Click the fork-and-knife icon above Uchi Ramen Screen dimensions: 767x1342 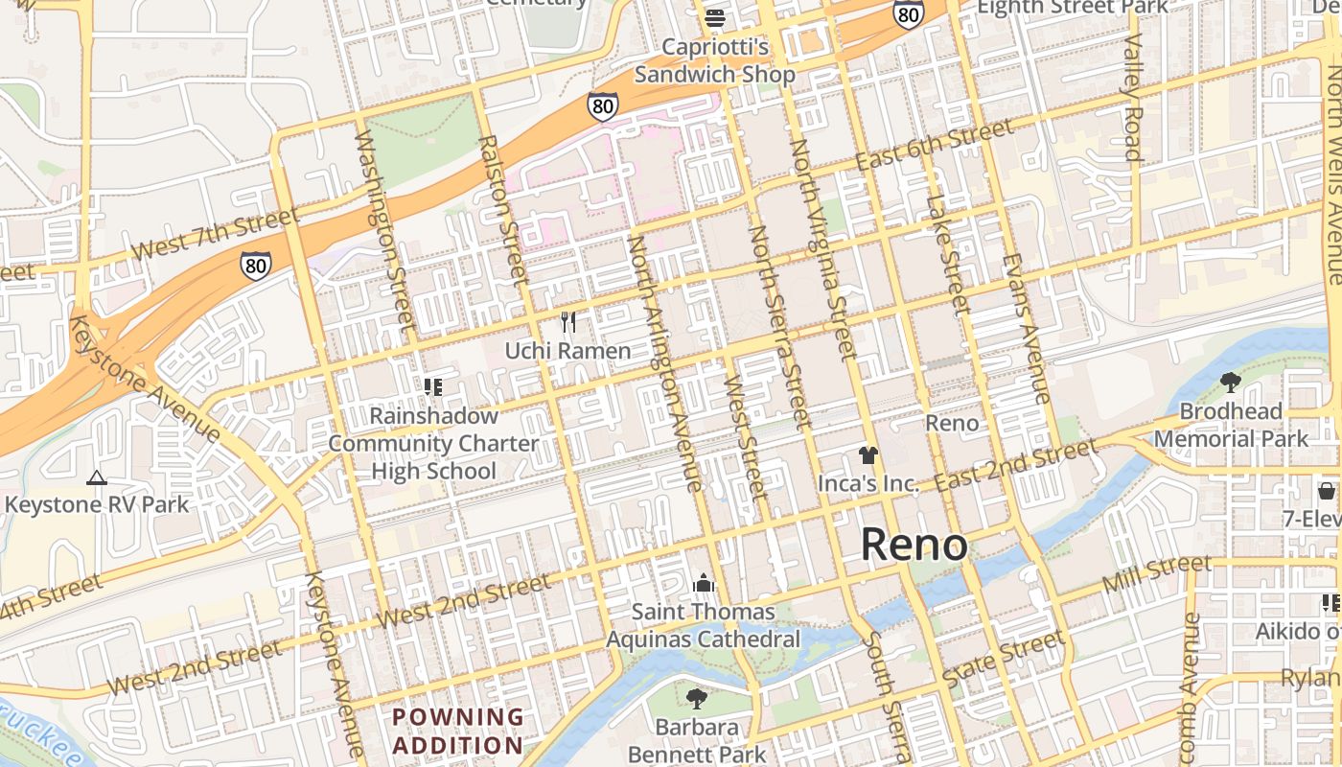tap(568, 322)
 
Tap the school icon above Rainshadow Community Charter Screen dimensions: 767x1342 tap(433, 387)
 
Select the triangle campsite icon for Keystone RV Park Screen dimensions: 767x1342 tap(96, 477)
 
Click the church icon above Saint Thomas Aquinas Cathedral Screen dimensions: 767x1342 tap(704, 583)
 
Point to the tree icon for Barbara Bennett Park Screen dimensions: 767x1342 tap(697, 699)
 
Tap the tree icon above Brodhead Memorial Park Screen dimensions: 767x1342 tap(1231, 383)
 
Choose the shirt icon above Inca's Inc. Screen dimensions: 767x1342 tap(868, 455)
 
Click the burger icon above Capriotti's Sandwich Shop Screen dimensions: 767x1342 tap(715, 18)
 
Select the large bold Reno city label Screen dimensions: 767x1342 tap(914, 545)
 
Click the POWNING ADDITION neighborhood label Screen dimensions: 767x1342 tap(458, 731)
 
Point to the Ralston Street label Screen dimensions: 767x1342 tap(503, 209)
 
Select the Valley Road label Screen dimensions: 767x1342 tap(1132, 98)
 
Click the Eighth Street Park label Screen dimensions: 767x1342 tap(1072, 8)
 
